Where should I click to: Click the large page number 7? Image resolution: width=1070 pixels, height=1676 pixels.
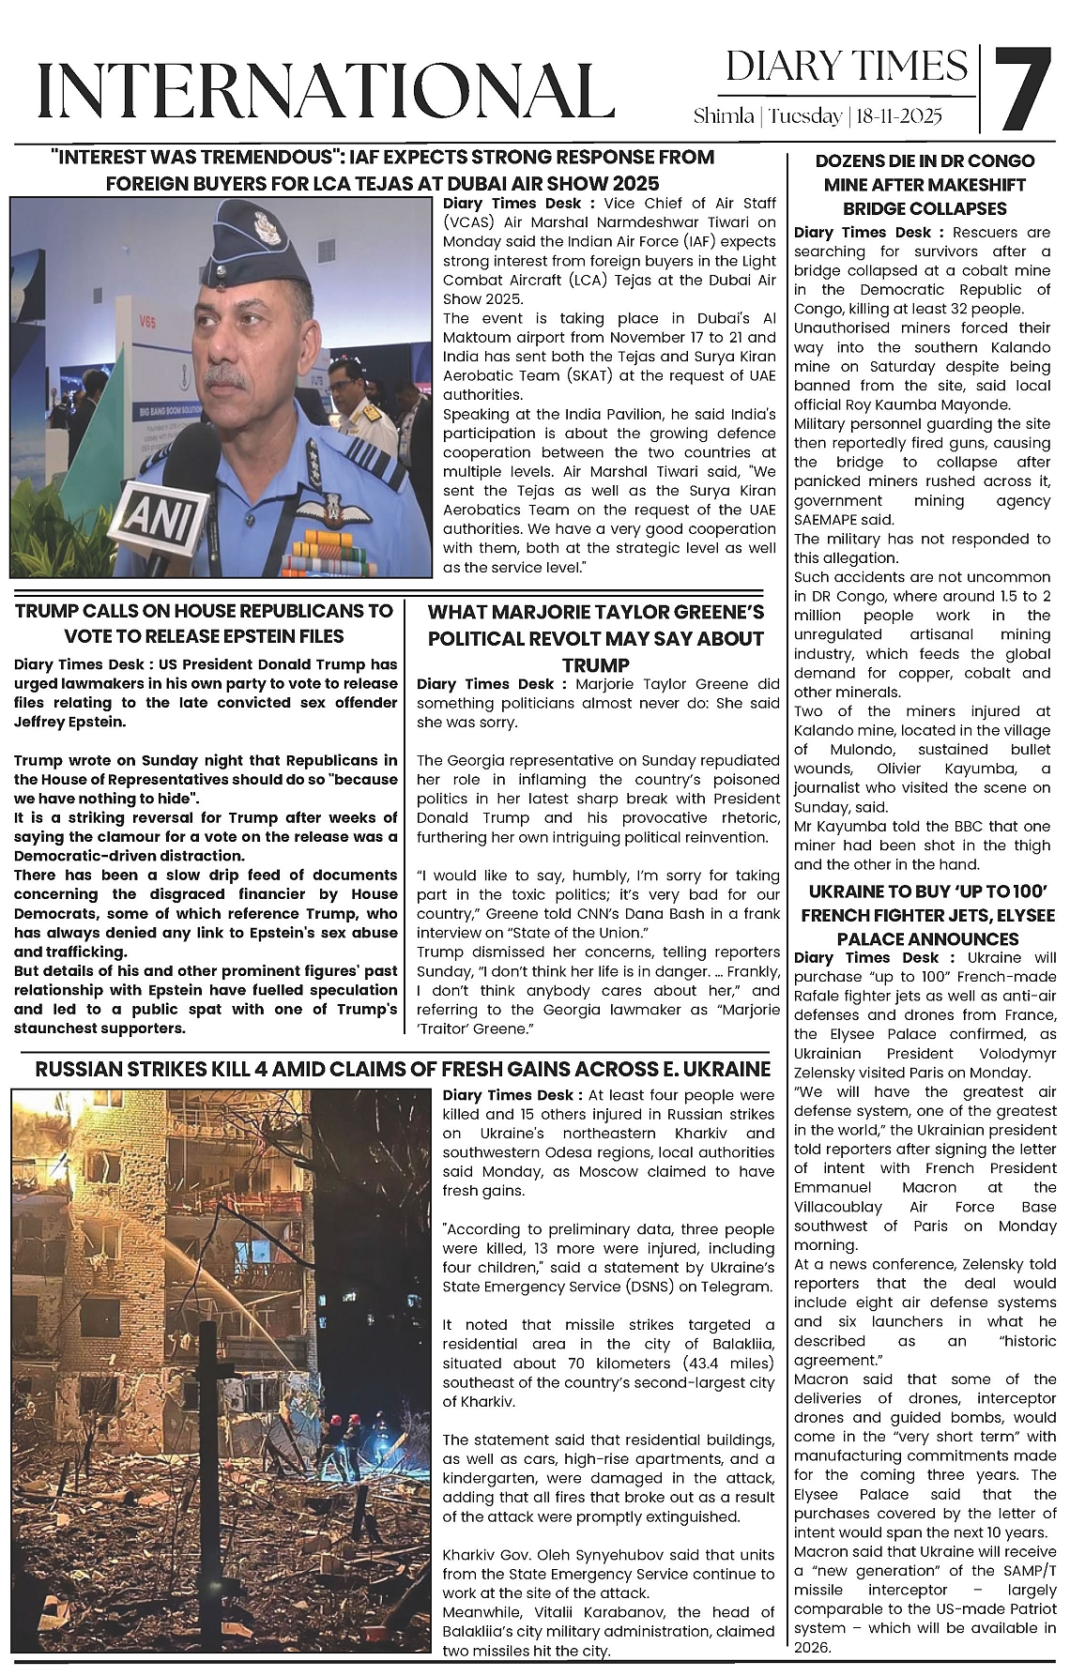point(1022,88)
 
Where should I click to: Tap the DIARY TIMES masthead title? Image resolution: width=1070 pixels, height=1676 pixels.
point(847,66)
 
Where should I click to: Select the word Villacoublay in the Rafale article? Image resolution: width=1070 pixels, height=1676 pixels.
point(837,1207)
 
